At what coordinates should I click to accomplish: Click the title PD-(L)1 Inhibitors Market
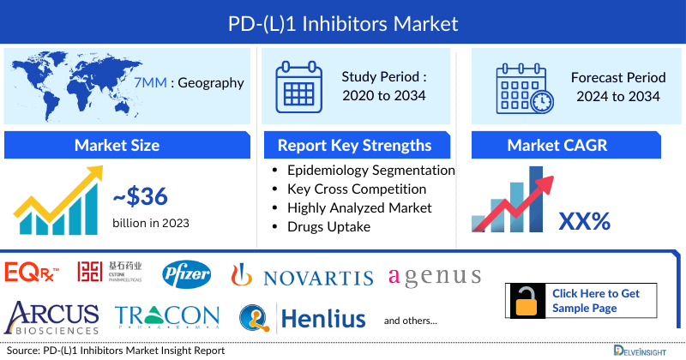click(x=343, y=21)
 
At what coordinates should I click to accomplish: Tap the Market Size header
click(x=117, y=145)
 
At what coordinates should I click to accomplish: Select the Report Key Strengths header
click(x=356, y=145)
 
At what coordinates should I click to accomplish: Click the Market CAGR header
click(x=569, y=145)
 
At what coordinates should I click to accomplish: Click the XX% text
click(x=584, y=221)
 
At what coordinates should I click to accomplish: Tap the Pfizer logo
click(x=186, y=274)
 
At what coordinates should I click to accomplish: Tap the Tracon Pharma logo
click(x=167, y=317)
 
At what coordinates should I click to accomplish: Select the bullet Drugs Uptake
click(x=329, y=226)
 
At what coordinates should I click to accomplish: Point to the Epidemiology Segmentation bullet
click(x=370, y=170)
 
